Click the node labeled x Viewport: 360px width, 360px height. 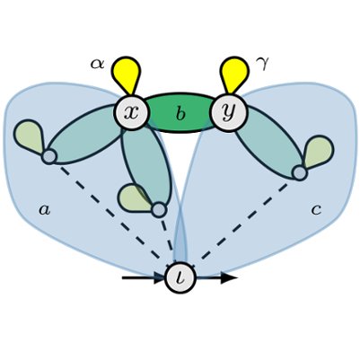coord(132,112)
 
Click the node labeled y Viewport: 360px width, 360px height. coord(229,112)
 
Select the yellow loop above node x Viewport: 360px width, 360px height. coord(127,75)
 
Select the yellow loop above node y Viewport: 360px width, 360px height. coord(234,75)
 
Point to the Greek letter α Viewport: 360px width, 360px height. coord(98,64)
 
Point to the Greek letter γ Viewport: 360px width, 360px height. coord(262,63)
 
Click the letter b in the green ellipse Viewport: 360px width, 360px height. coord(180,114)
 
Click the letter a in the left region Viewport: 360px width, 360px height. coord(45,210)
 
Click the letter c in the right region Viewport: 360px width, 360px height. coord(316,210)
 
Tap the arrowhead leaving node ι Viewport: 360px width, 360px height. coord(229,278)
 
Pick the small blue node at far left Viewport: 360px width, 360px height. coord(49,157)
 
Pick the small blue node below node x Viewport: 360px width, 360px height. coord(159,209)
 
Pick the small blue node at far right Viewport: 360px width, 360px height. coord(300,173)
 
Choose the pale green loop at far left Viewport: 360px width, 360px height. coord(29,136)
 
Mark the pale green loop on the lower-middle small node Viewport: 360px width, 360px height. coord(134,198)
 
